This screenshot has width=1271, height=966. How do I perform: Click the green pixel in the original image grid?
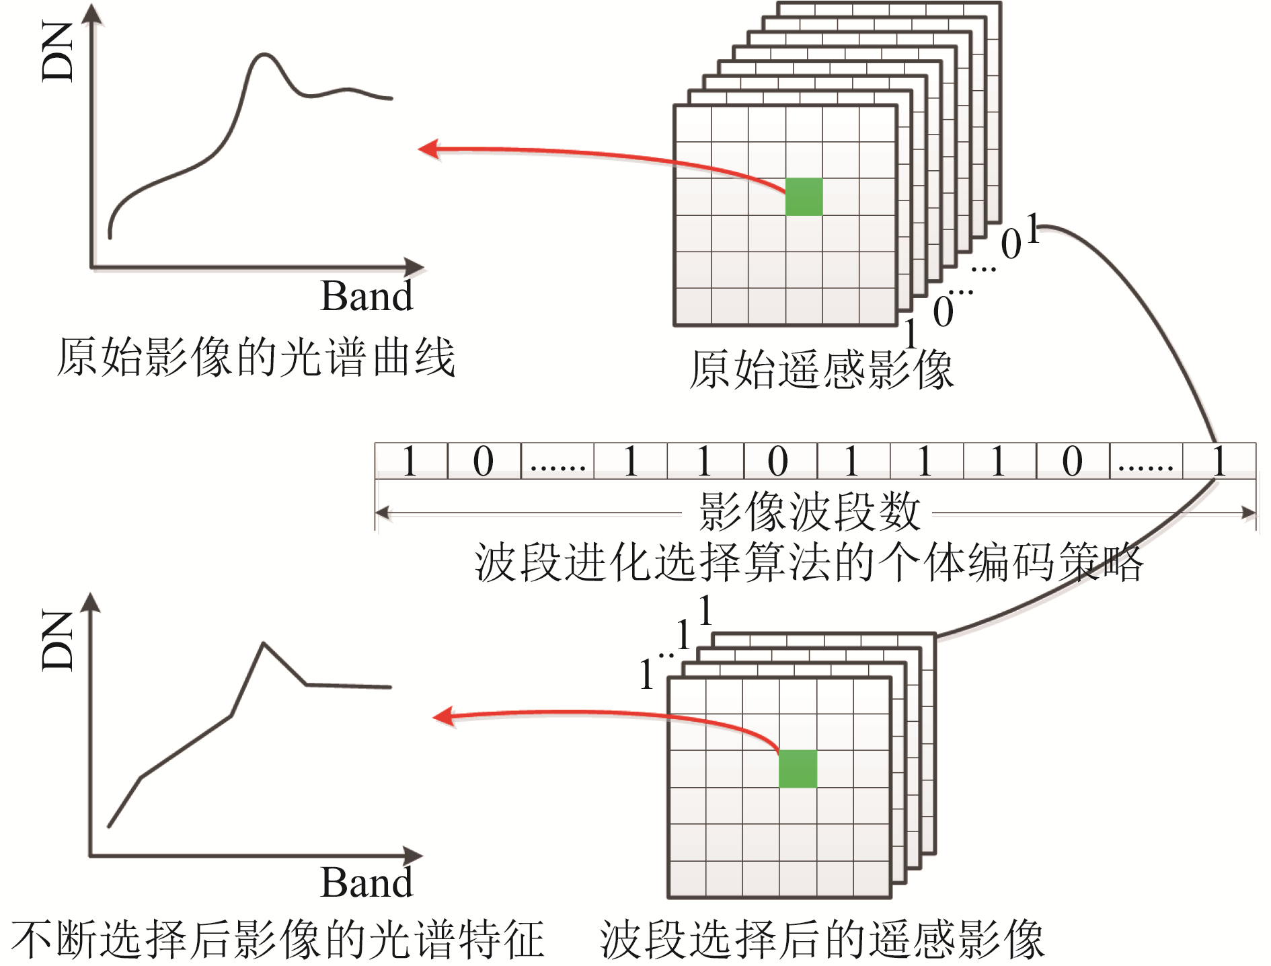click(804, 196)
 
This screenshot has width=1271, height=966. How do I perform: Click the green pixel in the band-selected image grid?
click(798, 768)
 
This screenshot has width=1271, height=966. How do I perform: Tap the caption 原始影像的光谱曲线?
click(256, 357)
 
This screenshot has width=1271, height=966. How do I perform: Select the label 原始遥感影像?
click(821, 369)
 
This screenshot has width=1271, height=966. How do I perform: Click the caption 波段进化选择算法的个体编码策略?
click(808, 562)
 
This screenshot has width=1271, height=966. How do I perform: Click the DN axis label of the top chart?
click(58, 52)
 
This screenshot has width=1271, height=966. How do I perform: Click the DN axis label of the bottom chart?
click(58, 640)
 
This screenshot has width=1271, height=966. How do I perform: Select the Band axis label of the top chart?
click(367, 296)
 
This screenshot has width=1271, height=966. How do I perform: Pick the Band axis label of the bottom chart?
click(367, 883)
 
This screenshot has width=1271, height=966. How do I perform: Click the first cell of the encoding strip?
click(411, 461)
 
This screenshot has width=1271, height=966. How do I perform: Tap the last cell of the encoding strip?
click(1219, 461)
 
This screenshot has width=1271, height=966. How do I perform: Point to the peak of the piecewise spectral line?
click(263, 644)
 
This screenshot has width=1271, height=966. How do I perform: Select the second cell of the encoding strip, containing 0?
click(484, 461)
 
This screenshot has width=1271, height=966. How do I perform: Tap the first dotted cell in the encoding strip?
click(557, 461)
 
